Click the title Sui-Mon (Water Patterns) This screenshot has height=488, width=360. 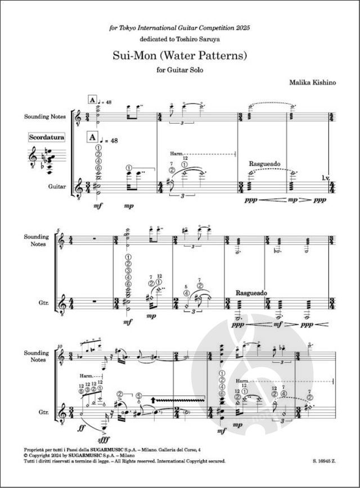click(179, 56)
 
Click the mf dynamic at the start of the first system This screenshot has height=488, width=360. click(97, 206)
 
